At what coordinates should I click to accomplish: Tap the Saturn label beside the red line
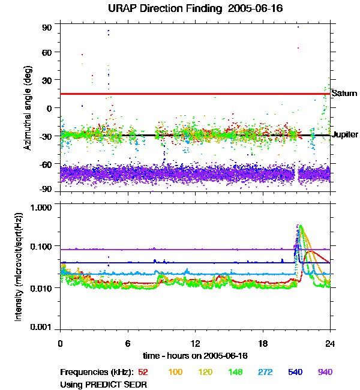click(344, 94)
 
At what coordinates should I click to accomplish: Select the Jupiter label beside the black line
click(345, 135)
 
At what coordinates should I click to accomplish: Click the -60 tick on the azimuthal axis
click(45, 162)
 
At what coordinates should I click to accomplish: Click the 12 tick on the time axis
click(195, 343)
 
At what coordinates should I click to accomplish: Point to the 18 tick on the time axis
click(263, 343)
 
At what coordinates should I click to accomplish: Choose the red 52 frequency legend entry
click(143, 373)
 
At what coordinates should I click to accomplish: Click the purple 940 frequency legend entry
click(325, 373)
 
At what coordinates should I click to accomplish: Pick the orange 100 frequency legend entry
click(175, 373)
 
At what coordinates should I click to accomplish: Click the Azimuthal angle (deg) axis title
click(28, 108)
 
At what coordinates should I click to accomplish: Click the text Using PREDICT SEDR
click(103, 383)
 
